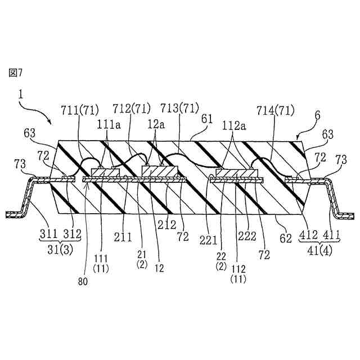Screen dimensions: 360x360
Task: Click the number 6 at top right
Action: pos(318,114)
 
